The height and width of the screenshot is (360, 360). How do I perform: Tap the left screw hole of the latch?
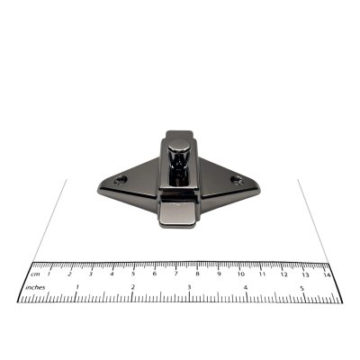(121, 180)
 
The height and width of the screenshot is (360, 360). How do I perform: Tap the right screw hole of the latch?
(237, 180)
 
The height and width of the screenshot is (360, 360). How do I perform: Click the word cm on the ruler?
(35, 274)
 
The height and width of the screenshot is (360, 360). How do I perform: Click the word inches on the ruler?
(35, 287)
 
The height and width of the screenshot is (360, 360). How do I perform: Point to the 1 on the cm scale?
(49, 274)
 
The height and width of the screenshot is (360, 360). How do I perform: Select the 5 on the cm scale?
(133, 274)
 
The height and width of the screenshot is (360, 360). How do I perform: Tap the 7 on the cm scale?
(176, 274)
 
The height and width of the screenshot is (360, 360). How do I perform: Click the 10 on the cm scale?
(241, 274)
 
